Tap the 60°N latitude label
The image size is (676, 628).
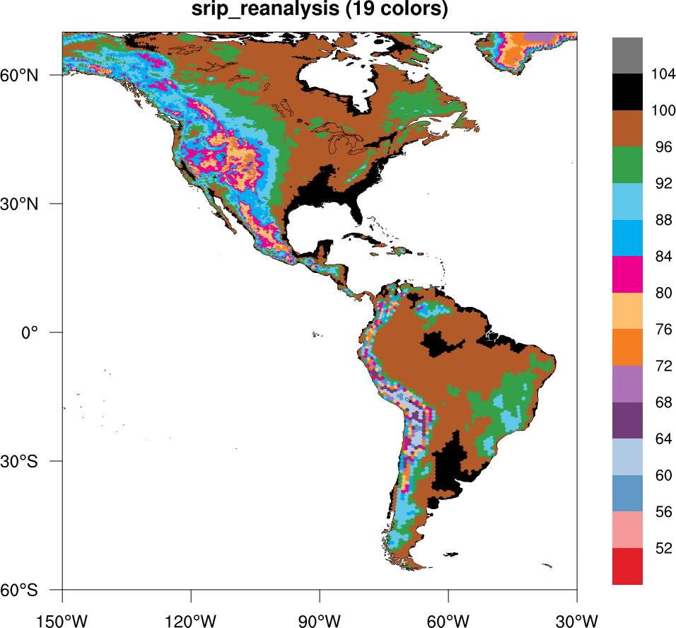coord(34,75)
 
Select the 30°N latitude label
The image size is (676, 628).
coord(34,204)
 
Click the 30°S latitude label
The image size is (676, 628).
coord(34,461)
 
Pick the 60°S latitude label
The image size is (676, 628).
coord(34,590)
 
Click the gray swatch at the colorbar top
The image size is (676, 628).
coord(627,54)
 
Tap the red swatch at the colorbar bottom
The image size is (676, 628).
coord(627,566)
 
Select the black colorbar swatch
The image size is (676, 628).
coord(627,91)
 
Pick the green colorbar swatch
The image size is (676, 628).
coord(627,165)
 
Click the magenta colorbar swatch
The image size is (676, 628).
coord(627,274)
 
